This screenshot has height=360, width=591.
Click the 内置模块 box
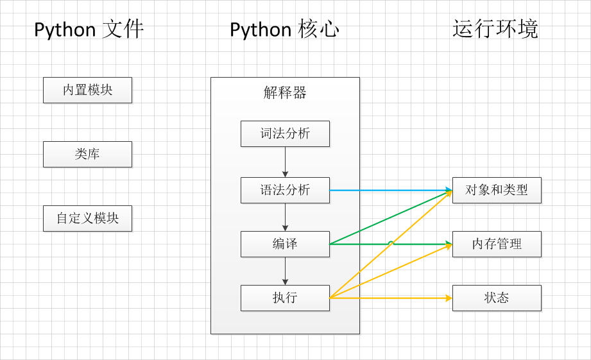(87, 90)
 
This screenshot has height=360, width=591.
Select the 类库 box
(87, 154)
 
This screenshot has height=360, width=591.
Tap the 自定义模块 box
(87, 218)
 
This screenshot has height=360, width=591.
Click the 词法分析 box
(285, 133)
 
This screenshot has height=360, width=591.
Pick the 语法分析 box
(285, 190)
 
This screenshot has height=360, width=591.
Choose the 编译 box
(285, 244)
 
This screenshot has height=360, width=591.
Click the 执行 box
(285, 298)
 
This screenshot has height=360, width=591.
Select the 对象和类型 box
(497, 190)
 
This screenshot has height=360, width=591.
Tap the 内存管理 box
(497, 244)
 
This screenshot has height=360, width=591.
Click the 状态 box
(497, 298)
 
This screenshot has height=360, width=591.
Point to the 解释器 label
(285, 92)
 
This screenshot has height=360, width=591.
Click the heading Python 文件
(89, 30)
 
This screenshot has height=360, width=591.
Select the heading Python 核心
(284, 30)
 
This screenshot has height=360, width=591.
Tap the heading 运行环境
(495, 29)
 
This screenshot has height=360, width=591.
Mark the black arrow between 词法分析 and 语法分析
(285, 162)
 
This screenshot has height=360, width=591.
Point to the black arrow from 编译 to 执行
(285, 271)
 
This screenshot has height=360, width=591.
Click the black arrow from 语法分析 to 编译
(285, 217)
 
